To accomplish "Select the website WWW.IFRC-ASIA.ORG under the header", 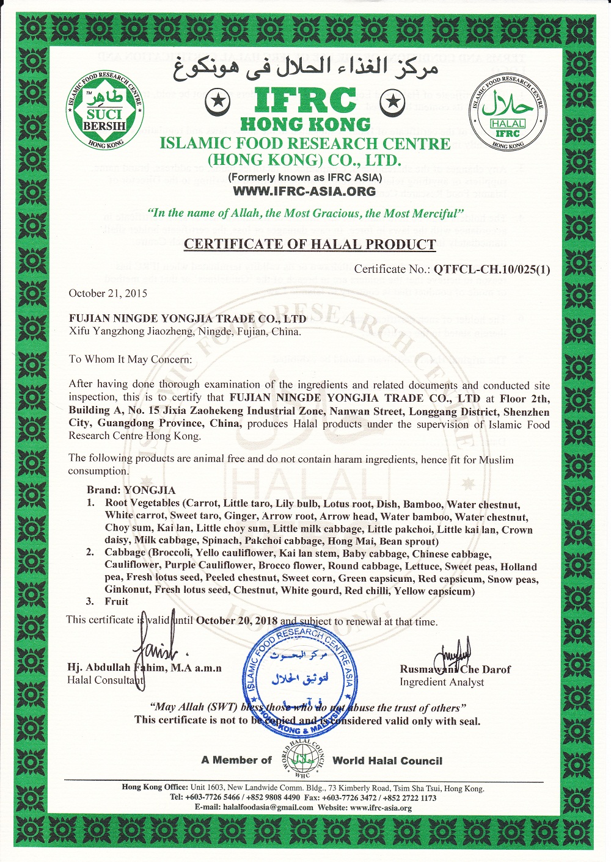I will (x=304, y=191).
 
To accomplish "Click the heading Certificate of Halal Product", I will (x=310, y=244).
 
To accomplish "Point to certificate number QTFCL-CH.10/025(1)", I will (x=492, y=269).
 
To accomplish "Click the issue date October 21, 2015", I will (x=108, y=293).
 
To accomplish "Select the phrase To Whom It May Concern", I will (x=130, y=359).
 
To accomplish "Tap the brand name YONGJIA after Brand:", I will (x=150, y=490).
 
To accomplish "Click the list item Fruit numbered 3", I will (x=116, y=601).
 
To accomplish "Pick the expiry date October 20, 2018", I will (x=236, y=621).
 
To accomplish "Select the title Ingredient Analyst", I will (x=442, y=682).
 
